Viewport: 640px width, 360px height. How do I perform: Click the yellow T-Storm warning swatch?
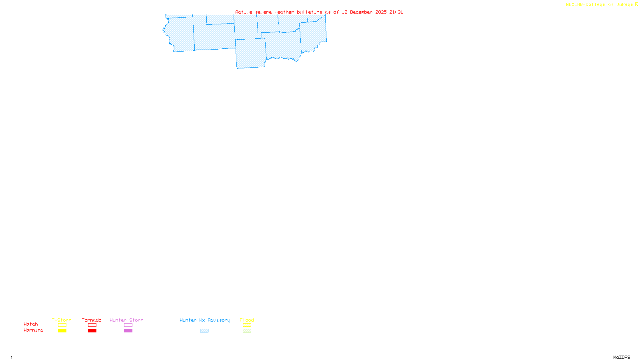point(62,331)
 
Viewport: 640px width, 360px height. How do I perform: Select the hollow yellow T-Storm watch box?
point(62,325)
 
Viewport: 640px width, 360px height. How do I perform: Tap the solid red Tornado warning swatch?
point(92,331)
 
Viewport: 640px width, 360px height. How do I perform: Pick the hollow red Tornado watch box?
point(92,325)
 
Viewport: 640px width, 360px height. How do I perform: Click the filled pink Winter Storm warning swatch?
point(128,331)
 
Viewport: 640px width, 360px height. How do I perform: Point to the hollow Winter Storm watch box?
point(128,325)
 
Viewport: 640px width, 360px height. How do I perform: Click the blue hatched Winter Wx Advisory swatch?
point(204,331)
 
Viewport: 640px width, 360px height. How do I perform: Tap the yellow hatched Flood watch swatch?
point(247,325)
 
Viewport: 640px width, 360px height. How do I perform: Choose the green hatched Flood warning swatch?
point(247,331)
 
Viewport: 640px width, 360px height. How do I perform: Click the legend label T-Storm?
point(62,320)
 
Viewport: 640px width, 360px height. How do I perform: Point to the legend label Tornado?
point(92,320)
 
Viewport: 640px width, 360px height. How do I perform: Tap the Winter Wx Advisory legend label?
point(205,320)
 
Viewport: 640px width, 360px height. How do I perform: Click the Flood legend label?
point(247,320)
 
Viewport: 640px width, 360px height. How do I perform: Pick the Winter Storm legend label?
point(126,320)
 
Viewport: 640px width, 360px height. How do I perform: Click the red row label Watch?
point(31,324)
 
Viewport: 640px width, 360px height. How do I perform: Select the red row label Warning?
point(33,330)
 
